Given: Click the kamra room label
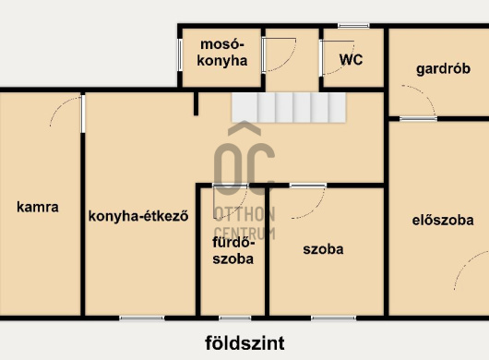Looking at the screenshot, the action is pyautogui.click(x=38, y=207).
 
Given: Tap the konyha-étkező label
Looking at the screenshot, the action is pyautogui.click(x=138, y=216).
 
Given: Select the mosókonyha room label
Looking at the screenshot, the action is pyautogui.click(x=222, y=53).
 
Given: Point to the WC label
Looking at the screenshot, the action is pyautogui.click(x=351, y=60).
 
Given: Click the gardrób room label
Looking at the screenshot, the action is pyautogui.click(x=443, y=69).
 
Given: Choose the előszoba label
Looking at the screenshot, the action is pyautogui.click(x=443, y=221).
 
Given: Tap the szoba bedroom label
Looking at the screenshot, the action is pyautogui.click(x=323, y=249).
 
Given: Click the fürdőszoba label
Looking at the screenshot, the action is pyautogui.click(x=233, y=251).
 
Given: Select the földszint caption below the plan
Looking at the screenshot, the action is pyautogui.click(x=244, y=343).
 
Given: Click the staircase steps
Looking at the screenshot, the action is pyautogui.click(x=289, y=107).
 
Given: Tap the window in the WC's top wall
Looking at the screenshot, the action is pyautogui.click(x=353, y=26).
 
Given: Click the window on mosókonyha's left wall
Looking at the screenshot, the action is pyautogui.click(x=180, y=54).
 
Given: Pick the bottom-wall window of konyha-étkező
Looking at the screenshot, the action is pyautogui.click(x=142, y=318).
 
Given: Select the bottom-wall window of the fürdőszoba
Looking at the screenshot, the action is pyautogui.click(x=235, y=318).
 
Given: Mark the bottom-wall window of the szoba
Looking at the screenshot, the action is pyautogui.click(x=333, y=318).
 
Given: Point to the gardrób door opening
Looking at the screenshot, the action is pyautogui.click(x=418, y=118).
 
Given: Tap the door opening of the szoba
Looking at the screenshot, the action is pyautogui.click(x=308, y=186).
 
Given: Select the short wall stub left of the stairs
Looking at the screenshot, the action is pyautogui.click(x=196, y=104).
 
